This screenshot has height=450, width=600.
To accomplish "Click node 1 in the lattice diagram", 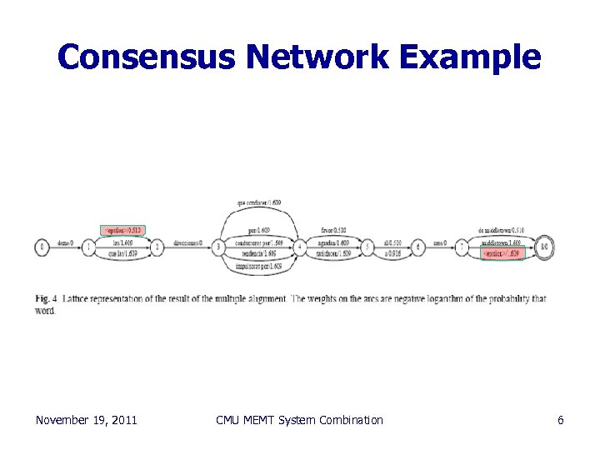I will (x=89, y=247).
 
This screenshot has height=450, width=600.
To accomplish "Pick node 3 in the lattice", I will (x=219, y=247).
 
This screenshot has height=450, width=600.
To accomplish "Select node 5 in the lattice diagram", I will (x=367, y=247).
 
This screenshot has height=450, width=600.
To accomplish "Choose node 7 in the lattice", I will (x=461, y=247).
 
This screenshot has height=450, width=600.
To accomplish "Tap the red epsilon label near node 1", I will (x=122, y=230).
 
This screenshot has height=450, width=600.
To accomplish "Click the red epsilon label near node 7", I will (x=502, y=254).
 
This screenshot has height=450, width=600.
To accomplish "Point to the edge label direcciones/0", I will (x=188, y=243).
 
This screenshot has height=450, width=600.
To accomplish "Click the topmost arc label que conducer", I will (x=259, y=202).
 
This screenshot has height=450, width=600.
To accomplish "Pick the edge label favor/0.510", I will (x=334, y=230).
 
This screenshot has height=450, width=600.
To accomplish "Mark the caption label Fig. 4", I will (x=47, y=298).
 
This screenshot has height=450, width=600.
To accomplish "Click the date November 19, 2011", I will (x=86, y=420).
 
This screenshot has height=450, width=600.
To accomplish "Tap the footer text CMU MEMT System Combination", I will (x=299, y=420).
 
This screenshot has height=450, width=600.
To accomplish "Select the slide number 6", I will (x=561, y=420).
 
